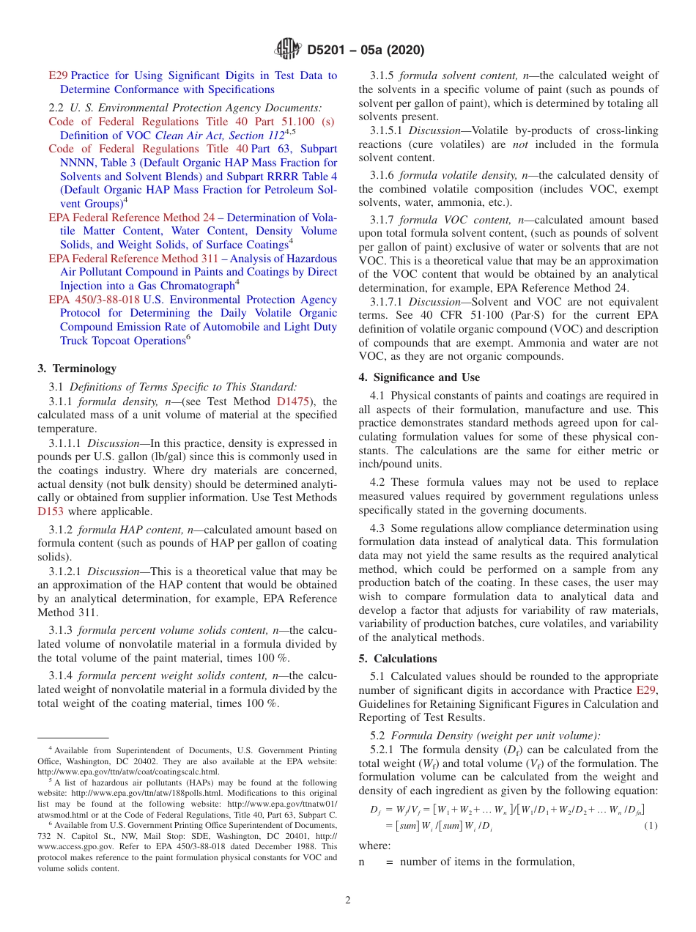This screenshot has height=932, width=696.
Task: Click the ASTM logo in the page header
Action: point(287,50)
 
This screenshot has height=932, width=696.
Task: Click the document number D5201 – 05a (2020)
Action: point(366,51)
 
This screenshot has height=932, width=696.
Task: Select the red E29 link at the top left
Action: point(58,75)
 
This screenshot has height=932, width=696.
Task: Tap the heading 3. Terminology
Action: point(77,369)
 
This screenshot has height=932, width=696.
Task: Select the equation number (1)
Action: point(651,826)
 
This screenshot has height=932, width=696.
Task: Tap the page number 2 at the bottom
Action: point(348,900)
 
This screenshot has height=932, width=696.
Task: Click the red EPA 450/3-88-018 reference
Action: point(94,300)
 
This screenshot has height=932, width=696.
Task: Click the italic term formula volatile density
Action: point(453,175)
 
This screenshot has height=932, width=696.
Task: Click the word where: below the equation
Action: point(374,846)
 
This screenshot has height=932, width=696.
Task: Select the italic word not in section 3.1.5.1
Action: point(520,144)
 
